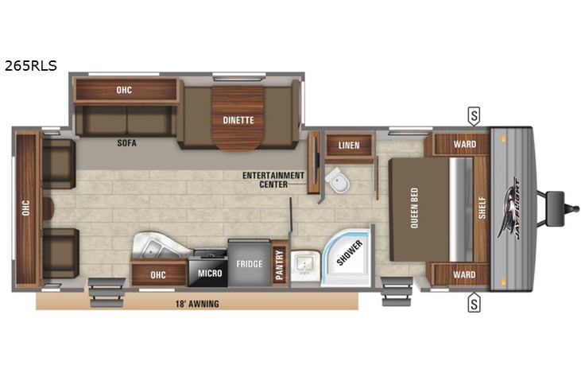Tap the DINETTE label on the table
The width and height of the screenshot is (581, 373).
pyautogui.click(x=238, y=120)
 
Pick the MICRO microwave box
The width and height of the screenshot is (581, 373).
pyautogui.click(x=207, y=274)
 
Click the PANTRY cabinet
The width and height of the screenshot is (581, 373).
pyautogui.click(x=279, y=262)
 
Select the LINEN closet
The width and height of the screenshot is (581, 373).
pyautogui.click(x=349, y=146)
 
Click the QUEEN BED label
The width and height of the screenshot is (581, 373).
pyautogui.click(x=414, y=208)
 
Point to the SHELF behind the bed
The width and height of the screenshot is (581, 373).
pyautogui.click(x=481, y=208)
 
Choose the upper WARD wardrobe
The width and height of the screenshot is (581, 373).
pyautogui.click(x=465, y=144)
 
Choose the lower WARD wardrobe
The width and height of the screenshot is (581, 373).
pyautogui.click(x=465, y=275)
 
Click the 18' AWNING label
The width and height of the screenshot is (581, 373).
pyautogui.click(x=196, y=304)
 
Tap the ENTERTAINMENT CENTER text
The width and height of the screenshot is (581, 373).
pyautogui.click(x=275, y=180)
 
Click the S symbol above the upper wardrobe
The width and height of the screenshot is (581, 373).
pyautogui.click(x=474, y=116)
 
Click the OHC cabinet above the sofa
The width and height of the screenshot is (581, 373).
pyautogui.click(x=124, y=90)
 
